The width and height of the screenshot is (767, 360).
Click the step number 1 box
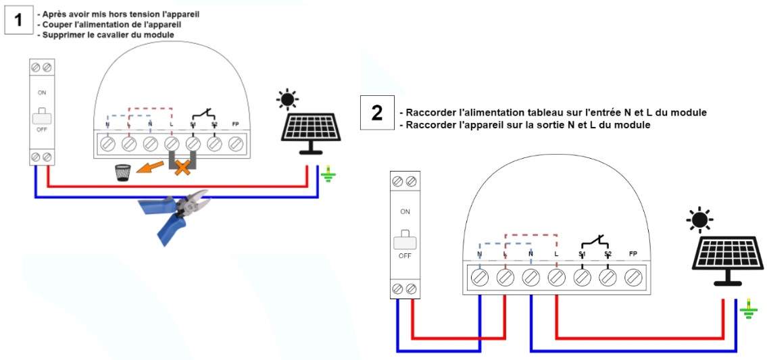coord(19,20)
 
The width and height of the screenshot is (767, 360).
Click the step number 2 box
coord(376,112)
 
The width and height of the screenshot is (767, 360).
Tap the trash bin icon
coord(122,173)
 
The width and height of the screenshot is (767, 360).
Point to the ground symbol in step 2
coord(746,311)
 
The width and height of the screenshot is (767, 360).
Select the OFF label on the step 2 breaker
coord(405,256)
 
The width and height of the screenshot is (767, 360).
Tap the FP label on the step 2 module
coord(633,254)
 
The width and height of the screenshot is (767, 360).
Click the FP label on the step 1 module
coord(235,124)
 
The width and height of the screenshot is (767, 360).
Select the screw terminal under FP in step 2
coord(633,278)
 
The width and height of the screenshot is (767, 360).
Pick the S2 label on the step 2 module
coord(608,254)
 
